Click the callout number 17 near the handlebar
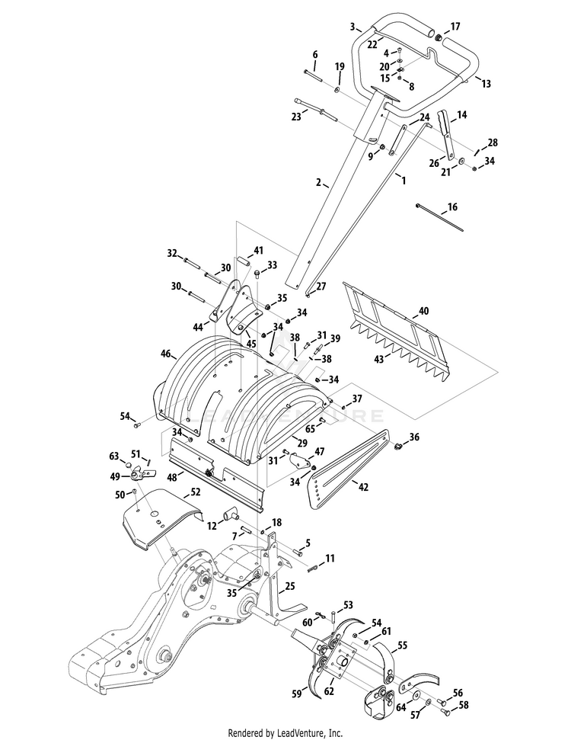coord(455,27)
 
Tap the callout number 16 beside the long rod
coord(452,207)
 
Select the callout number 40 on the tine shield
coord(424,310)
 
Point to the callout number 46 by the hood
coord(165,353)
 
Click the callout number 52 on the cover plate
coord(195,492)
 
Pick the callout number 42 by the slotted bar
coord(363,486)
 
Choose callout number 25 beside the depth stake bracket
coord(289,586)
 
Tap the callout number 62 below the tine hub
coord(329,691)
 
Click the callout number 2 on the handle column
coord(319,182)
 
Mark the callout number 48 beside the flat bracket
coord(171,477)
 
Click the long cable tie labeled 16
coord(439,217)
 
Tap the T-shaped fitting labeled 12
coord(231,514)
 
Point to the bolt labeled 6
coord(313,75)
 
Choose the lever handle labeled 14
coord(446,134)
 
